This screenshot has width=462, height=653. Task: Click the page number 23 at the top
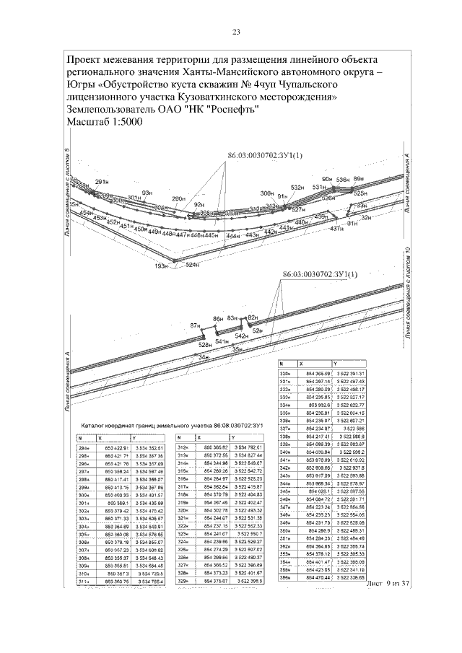pyautogui.click(x=236, y=32)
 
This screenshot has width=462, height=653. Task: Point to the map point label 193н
pyautogui.click(x=162, y=266)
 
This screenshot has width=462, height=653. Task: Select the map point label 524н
pyautogui.click(x=192, y=266)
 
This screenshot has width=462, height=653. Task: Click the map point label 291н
pyautogui.click(x=102, y=181)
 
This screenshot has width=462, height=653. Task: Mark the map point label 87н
pyautogui.click(x=195, y=325)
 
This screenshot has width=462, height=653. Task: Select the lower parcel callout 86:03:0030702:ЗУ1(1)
pyautogui.click(x=321, y=275)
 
